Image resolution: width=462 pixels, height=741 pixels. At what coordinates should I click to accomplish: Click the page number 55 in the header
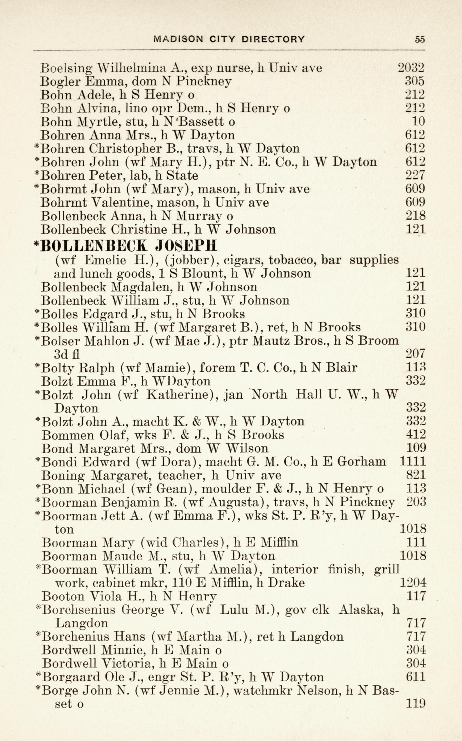point(420,39)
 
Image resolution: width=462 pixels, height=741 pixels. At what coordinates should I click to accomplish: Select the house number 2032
point(411,67)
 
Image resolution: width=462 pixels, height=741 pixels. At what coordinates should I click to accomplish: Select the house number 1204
point(413,583)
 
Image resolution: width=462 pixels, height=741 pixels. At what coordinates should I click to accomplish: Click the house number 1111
point(413,462)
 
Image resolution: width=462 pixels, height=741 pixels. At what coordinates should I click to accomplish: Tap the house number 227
point(415,175)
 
